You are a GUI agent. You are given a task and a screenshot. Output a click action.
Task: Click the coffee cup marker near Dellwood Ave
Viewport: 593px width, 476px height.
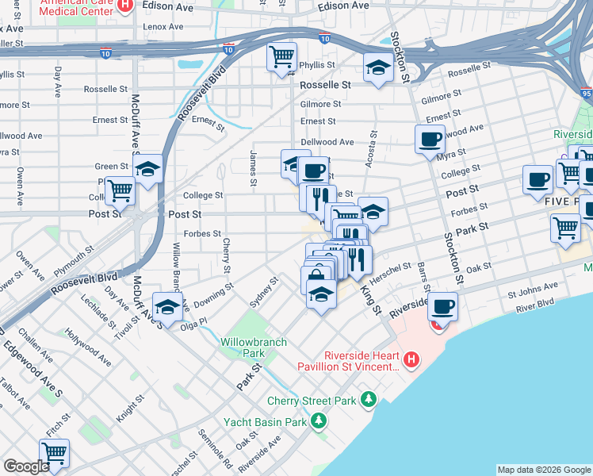pyautogui.click(x=430, y=139)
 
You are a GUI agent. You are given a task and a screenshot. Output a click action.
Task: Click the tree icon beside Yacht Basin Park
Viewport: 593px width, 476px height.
pyautogui.click(x=318, y=420)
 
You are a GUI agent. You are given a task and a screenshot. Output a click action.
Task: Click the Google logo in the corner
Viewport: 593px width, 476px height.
pyautogui.click(x=26, y=466)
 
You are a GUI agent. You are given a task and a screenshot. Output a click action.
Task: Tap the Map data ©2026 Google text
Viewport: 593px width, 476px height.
pyautogui.click(x=543, y=470)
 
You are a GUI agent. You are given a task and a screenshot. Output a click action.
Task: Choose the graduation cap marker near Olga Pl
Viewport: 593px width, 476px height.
pyautogui.click(x=167, y=307)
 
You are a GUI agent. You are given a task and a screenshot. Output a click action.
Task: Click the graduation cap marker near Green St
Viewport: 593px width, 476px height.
pyautogui.click(x=147, y=168)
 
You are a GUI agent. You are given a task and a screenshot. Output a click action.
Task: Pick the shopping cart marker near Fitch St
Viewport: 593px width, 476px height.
pyautogui.click(x=54, y=453)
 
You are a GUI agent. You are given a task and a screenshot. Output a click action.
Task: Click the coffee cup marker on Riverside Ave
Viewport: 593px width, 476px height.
pyautogui.click(x=443, y=305)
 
